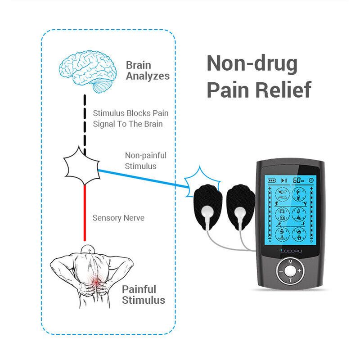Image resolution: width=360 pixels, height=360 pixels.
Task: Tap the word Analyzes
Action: pyautogui.click(x=148, y=76)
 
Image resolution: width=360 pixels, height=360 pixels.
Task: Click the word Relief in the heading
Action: pyautogui.click(x=284, y=89)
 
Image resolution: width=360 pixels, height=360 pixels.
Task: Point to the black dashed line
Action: pyautogui.click(x=84, y=122)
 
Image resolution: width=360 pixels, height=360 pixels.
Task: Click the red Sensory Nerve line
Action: pyautogui.click(x=84, y=211)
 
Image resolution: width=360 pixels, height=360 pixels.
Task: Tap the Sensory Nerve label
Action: pyautogui.click(x=118, y=218)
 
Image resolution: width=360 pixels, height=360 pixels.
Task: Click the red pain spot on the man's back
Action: pyautogui.click(x=95, y=282)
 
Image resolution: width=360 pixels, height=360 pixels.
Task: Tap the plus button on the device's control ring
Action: pyautogui.click(x=299, y=270)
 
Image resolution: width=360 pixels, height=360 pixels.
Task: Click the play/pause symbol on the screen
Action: pyautogui.click(x=284, y=180)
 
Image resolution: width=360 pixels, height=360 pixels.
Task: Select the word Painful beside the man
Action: pyautogui.click(x=139, y=289)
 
